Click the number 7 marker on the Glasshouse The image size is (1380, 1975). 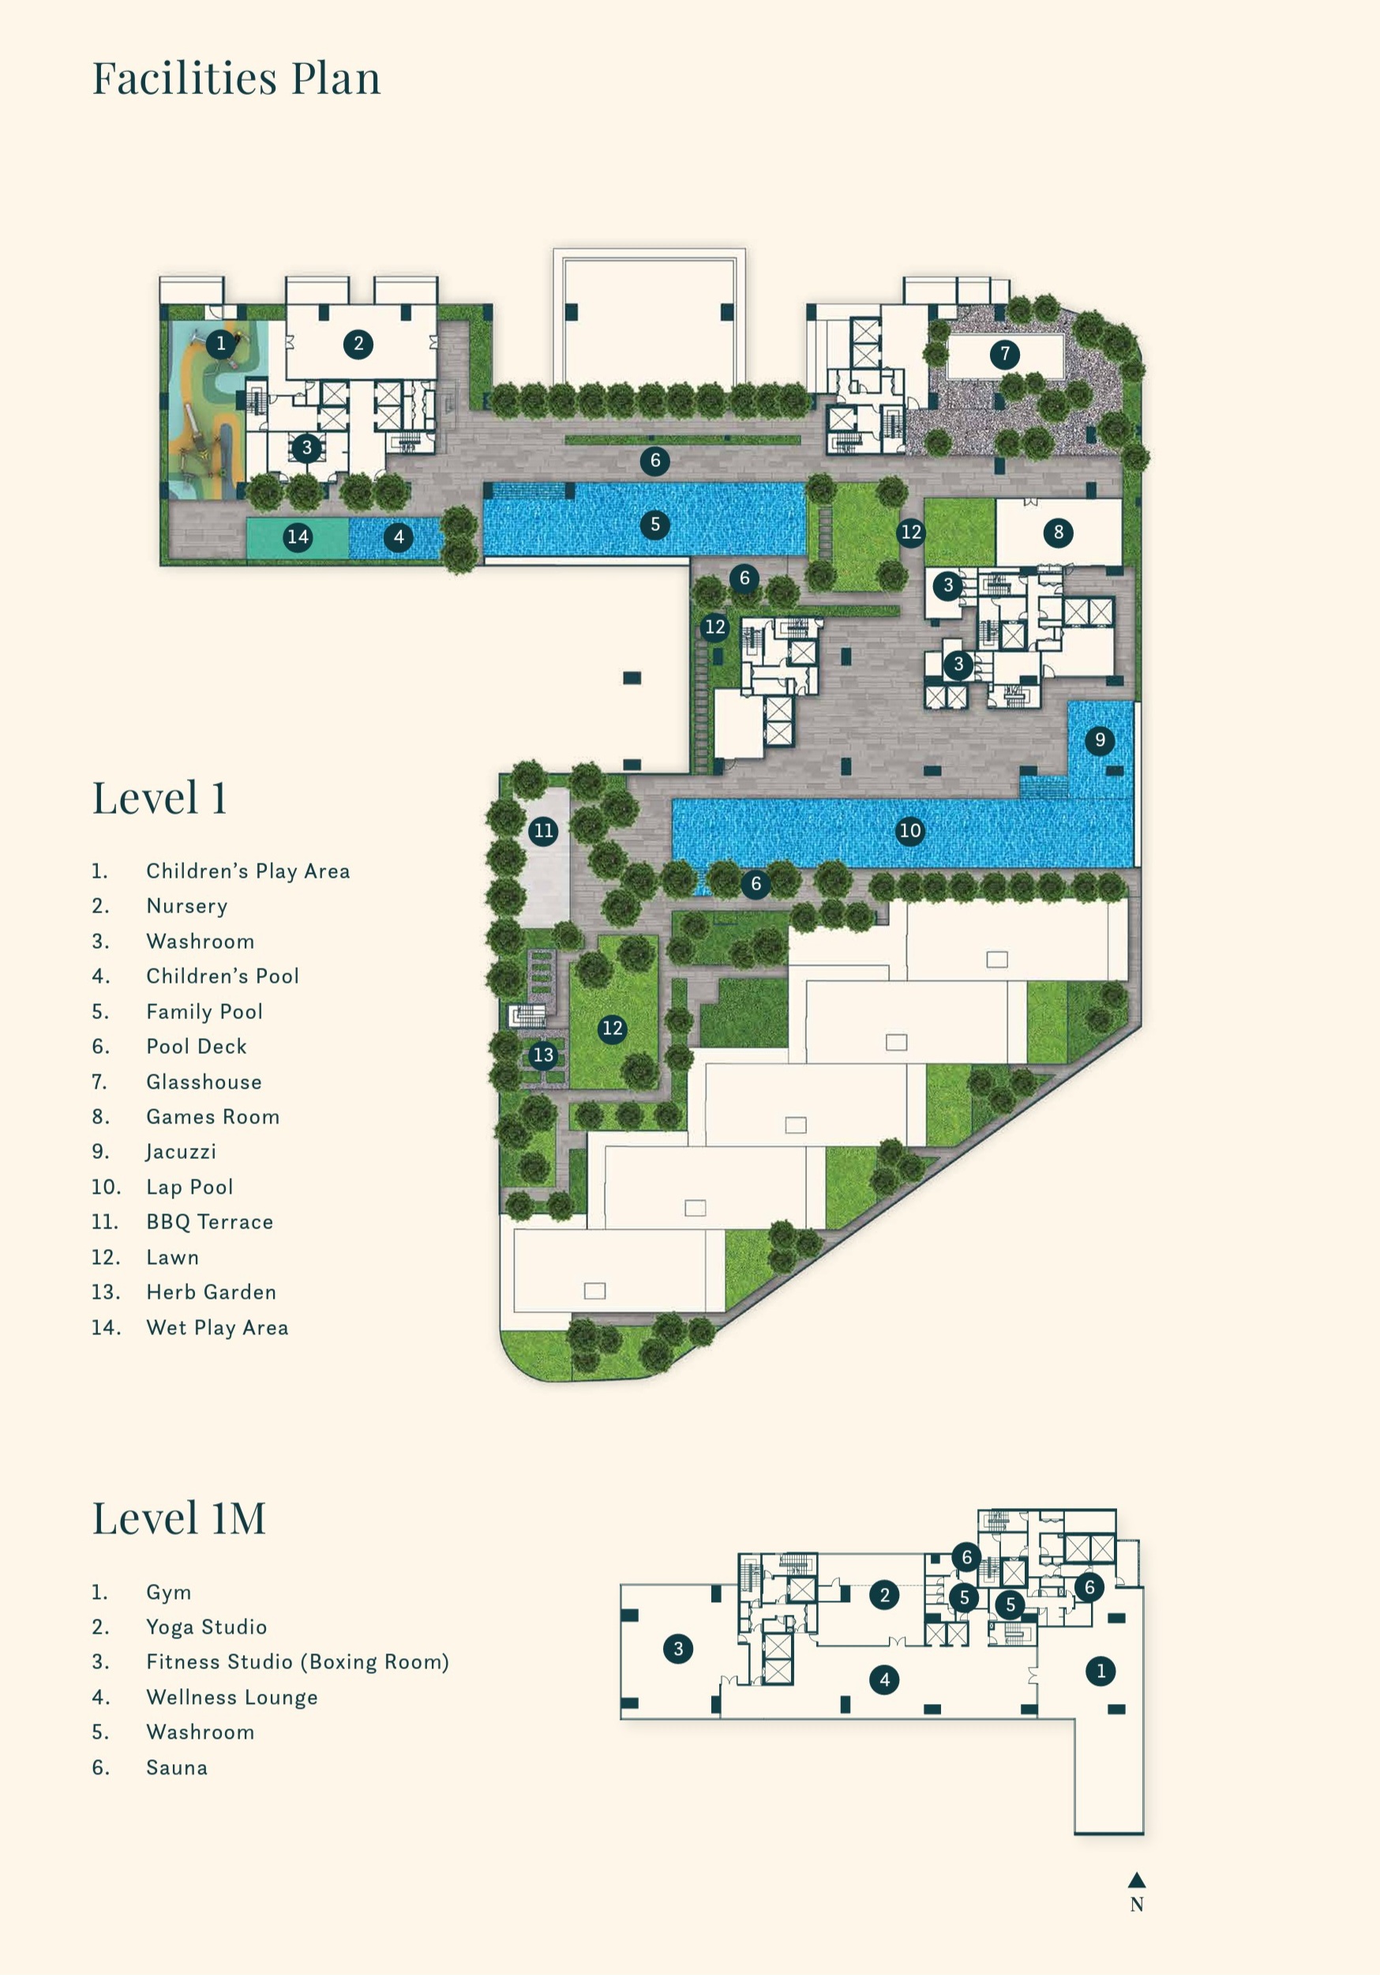pyautogui.click(x=1004, y=354)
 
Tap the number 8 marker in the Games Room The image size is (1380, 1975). pyautogui.click(x=1059, y=532)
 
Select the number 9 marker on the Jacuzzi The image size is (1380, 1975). pyautogui.click(x=1100, y=741)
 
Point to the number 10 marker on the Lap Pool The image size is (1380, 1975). pyautogui.click(x=909, y=831)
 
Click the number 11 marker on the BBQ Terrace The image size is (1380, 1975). pyautogui.click(x=543, y=831)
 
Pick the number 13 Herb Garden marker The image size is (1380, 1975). pyautogui.click(x=543, y=1055)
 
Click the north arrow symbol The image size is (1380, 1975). pyautogui.click(x=1137, y=1879)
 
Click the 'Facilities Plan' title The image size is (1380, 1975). pyautogui.click(x=237, y=78)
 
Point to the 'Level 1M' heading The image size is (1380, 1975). pyautogui.click(x=179, y=1518)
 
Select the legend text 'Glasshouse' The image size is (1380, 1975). pyautogui.click(x=204, y=1082)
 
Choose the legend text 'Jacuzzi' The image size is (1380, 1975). pyautogui.click(x=181, y=1153)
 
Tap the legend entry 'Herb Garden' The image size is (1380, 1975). pyautogui.click(x=212, y=1292)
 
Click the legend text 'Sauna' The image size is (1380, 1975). pyautogui.click(x=177, y=1768)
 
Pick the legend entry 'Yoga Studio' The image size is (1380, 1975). pyautogui.click(x=206, y=1627)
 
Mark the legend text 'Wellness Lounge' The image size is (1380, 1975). pyautogui.click(x=232, y=1697)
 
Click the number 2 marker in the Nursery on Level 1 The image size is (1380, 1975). pyautogui.click(x=358, y=344)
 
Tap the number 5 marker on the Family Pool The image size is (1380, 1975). pyautogui.click(x=655, y=525)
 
